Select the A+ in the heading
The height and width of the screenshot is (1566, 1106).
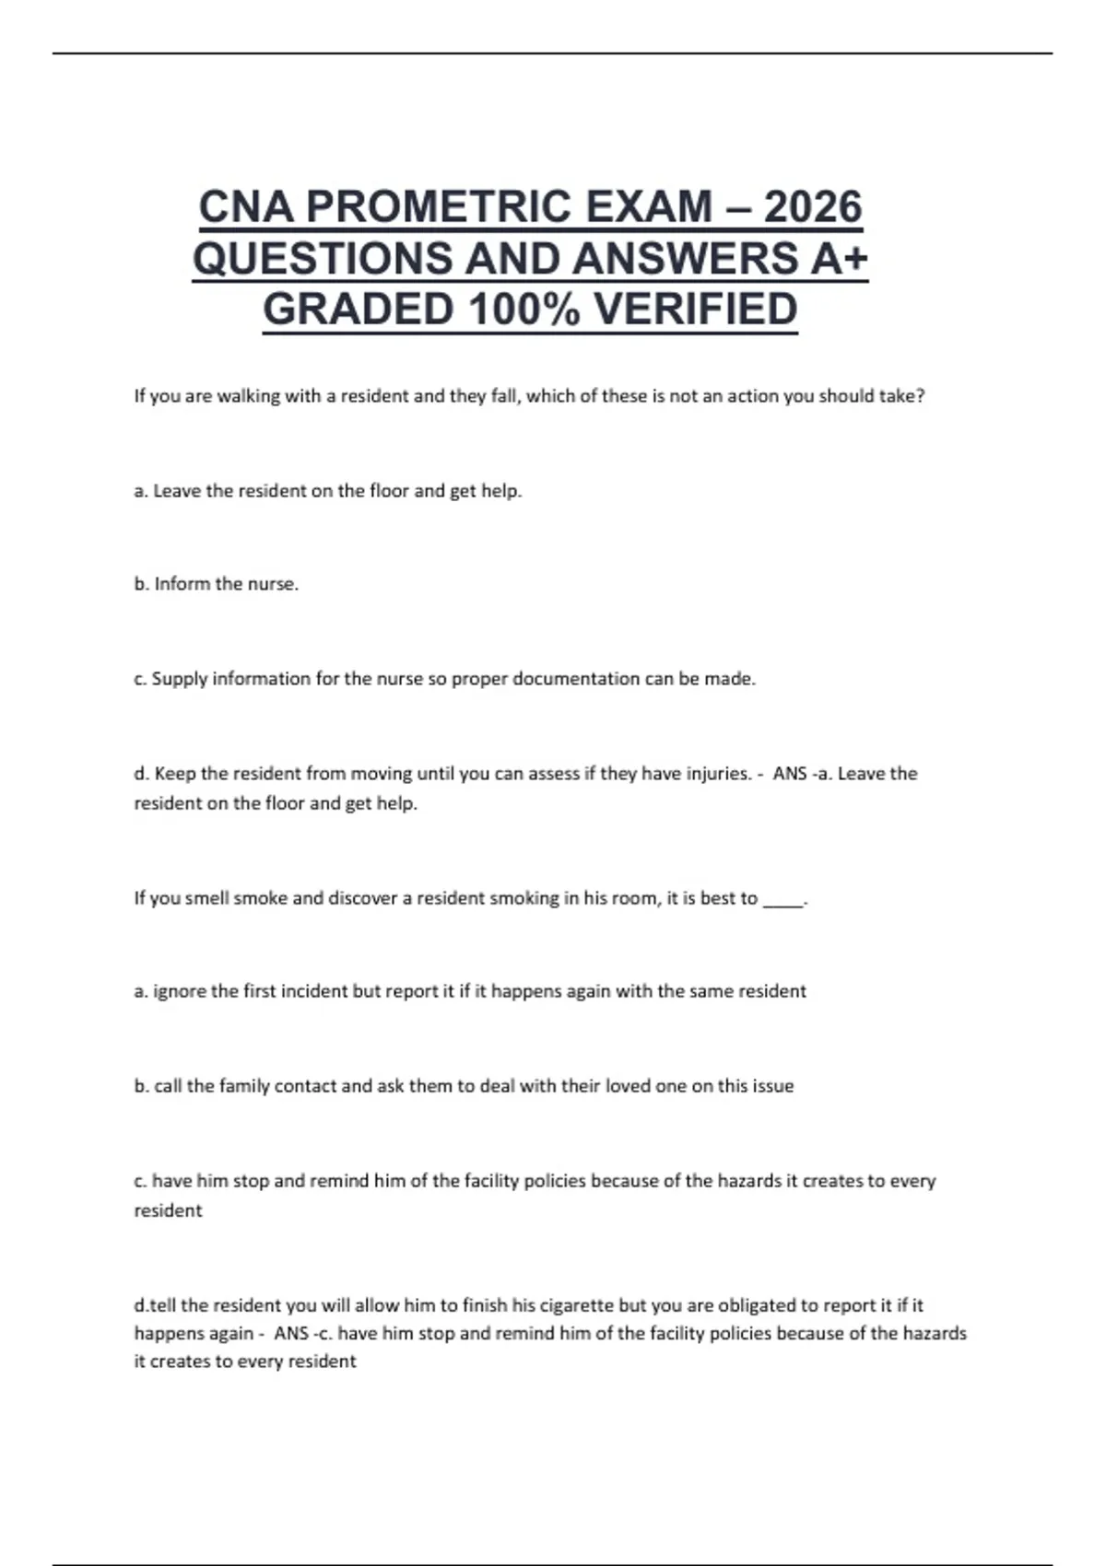[840, 258]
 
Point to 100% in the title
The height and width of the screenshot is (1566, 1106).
[524, 310]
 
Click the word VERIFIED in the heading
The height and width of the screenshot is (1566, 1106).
[695, 310]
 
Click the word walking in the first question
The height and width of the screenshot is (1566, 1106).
[248, 396]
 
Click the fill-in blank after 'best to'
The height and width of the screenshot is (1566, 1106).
[783, 900]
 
